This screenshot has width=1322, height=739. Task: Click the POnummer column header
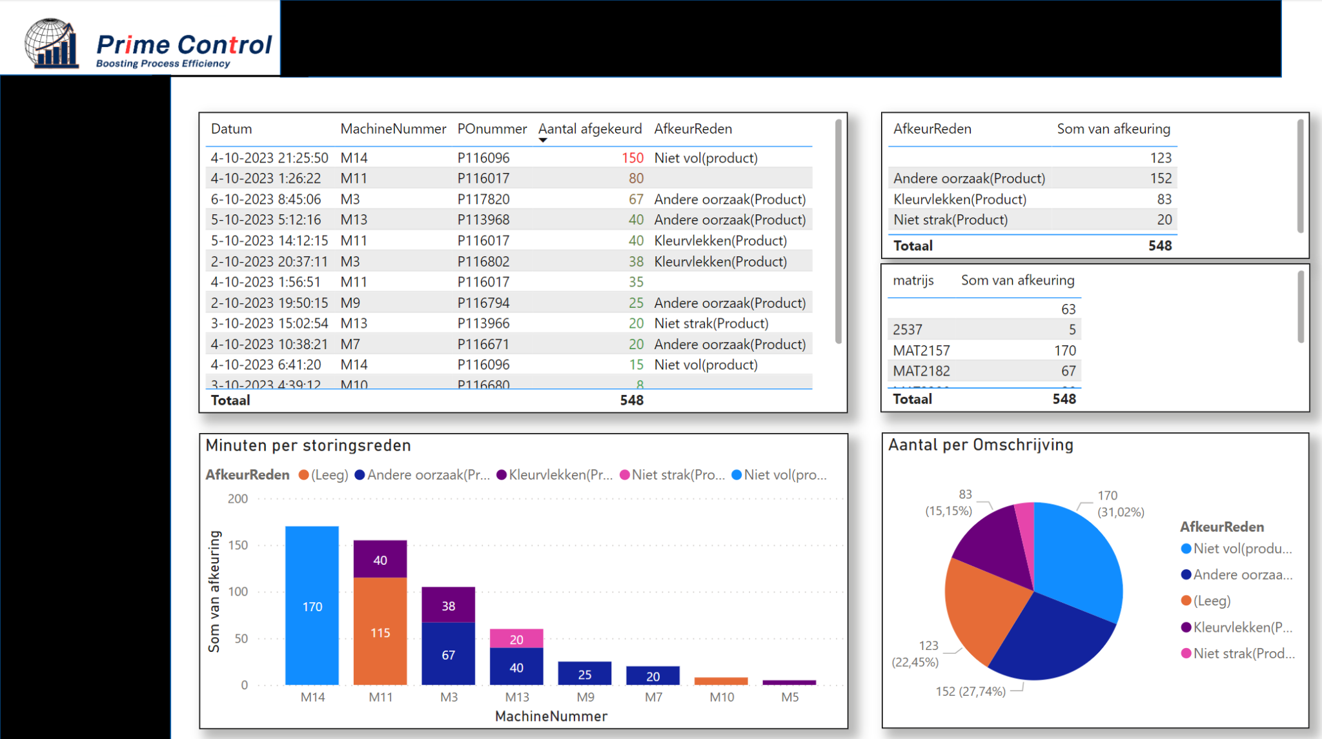coord(492,128)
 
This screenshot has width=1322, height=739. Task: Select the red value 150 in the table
coord(632,157)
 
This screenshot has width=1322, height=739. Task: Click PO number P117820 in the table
coord(483,199)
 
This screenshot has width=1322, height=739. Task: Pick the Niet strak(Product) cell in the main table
coord(711,323)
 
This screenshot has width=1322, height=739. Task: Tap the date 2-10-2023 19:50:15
coord(269,303)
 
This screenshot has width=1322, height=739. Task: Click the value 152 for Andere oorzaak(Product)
coord(1160,178)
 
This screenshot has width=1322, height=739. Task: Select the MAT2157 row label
coord(921,350)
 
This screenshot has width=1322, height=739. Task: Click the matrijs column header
coord(913,280)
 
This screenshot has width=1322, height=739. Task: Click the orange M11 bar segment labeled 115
coord(380,632)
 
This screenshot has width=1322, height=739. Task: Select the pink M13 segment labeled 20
coord(516,639)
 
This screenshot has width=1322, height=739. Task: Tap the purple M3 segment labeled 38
coord(448,605)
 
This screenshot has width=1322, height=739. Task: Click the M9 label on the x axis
coord(585,697)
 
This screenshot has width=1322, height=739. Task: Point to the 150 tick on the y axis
coord(238,545)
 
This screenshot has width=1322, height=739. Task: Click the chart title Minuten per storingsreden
coord(308,445)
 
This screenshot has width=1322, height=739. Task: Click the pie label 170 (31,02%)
coord(1120,503)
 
